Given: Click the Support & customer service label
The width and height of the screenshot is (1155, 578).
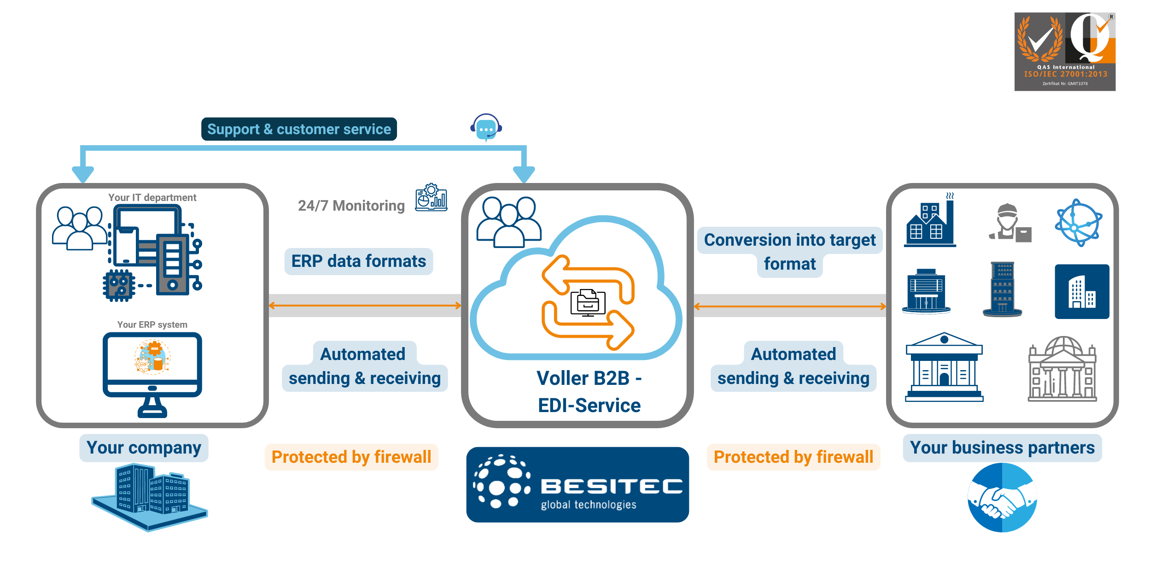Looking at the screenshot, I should point(299,129).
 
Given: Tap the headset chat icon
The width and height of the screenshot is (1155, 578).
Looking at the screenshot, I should point(486,128).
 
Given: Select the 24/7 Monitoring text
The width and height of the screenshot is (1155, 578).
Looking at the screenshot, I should point(351,206).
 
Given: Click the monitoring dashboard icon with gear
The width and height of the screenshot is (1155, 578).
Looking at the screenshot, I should point(431,198).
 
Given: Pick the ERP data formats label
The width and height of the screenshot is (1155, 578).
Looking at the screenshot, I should point(358,261).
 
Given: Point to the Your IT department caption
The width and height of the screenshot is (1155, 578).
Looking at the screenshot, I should point(152,198).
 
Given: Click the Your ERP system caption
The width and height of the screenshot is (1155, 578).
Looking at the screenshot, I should point(152,324).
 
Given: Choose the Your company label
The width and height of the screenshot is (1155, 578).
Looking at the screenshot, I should point(144,448).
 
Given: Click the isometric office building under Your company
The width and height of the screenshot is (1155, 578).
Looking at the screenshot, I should point(150,497).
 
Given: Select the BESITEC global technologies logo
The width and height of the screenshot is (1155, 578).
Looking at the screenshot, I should point(577,484).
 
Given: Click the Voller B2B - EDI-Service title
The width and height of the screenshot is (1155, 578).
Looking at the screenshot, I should point(589,392).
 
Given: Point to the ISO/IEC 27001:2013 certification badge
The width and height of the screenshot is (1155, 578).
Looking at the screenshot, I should point(1065,52).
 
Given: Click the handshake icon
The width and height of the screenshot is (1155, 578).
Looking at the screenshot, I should point(1002,498).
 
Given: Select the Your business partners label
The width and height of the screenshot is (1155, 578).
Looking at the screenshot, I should point(1002,448).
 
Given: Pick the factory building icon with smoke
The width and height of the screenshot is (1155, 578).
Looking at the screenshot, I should point(930,222).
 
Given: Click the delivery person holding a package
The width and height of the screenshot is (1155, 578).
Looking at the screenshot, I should point(1009,223).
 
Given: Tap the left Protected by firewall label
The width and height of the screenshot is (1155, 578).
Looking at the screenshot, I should point(351,457).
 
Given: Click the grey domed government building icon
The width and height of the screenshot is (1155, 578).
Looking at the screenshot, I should point(1062,369).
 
